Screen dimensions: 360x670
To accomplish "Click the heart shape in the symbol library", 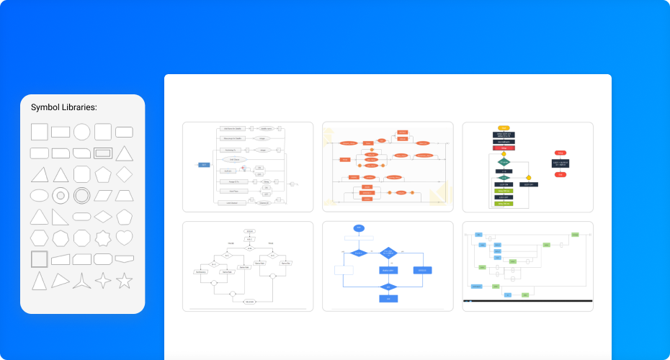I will point(125,237).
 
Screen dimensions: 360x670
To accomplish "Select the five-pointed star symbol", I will point(125,281).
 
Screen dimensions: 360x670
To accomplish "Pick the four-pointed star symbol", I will point(104,281).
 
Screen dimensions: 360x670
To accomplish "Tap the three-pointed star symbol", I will point(82,281).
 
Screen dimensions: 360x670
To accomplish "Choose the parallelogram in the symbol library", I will point(103,195).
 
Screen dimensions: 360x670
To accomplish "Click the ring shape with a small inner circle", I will point(61,195).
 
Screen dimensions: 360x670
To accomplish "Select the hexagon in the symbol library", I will point(40,237).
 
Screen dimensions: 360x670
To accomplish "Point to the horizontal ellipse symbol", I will point(40,195).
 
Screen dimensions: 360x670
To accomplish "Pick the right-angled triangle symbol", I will point(61,216).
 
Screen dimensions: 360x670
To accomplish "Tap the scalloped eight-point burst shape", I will point(103,237).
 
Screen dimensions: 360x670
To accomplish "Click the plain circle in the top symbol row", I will point(82,132).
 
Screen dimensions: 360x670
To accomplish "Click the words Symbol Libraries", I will point(64,107).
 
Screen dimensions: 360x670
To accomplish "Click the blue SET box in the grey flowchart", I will point(204,165).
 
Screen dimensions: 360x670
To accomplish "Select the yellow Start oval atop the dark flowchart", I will point(504,127).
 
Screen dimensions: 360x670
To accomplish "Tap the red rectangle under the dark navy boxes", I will point(504,148).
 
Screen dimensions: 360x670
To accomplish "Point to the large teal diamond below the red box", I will point(504,163).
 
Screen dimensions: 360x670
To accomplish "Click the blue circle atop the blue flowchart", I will point(359,228).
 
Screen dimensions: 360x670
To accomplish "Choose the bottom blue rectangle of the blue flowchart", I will point(388,299).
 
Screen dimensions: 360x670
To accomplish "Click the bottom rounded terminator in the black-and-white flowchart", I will point(249,301).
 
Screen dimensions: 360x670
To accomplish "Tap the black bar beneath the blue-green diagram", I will point(528,300).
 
